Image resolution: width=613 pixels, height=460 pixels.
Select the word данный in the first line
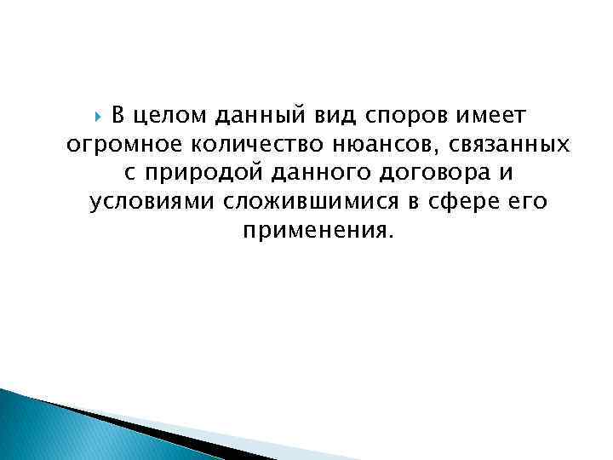coord(251,115)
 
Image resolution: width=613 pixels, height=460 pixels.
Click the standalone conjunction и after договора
coord(507,174)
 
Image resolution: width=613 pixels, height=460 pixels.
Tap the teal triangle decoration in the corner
coord(43,426)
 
